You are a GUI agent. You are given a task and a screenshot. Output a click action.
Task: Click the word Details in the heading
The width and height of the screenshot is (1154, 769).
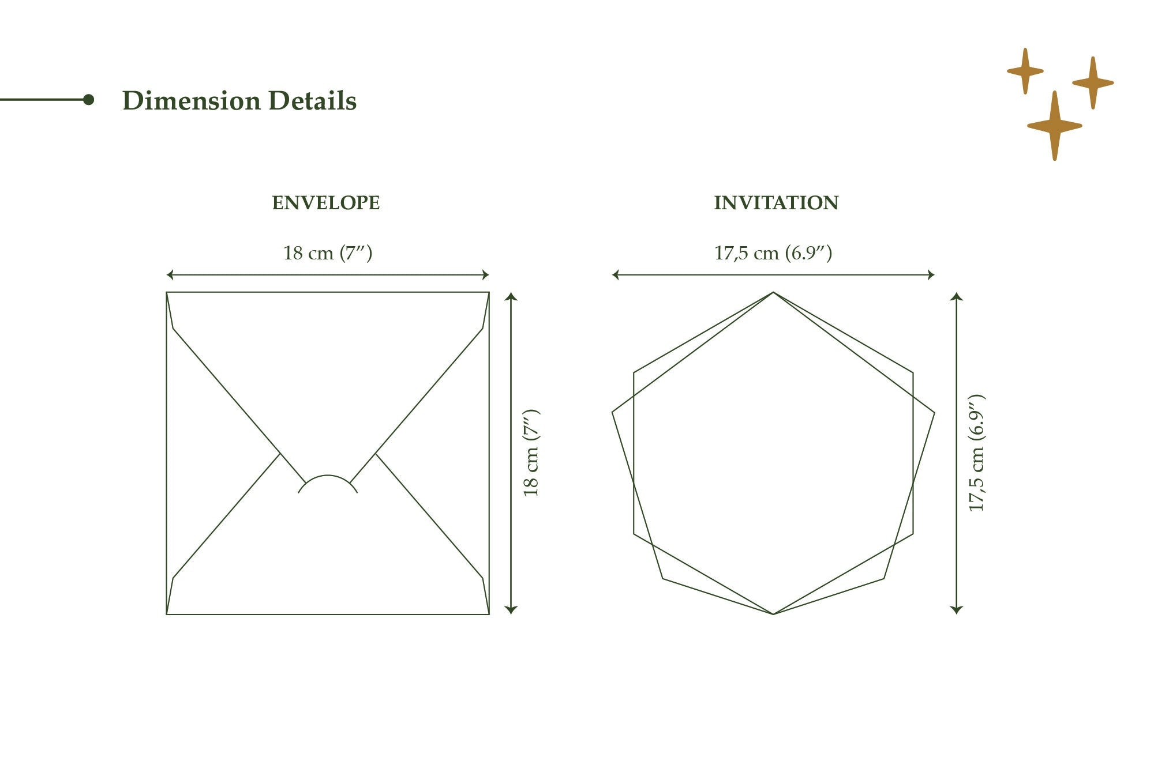point(312,101)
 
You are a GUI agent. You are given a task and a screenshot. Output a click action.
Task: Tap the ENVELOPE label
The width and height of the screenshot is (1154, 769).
point(326,203)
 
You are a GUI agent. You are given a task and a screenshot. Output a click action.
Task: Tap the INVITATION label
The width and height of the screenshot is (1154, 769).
point(776,203)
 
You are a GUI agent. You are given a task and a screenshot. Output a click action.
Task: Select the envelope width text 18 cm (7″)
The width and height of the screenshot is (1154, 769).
point(328,253)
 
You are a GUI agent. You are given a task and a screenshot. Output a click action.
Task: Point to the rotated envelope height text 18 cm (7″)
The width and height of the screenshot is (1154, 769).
point(530,453)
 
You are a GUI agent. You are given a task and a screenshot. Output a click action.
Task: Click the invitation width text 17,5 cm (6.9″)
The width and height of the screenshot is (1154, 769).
point(773,253)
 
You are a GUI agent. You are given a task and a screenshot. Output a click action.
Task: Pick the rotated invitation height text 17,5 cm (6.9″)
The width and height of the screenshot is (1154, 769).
point(976,453)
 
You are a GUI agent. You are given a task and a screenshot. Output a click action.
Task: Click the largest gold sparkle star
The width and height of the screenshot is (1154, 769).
point(1055,126)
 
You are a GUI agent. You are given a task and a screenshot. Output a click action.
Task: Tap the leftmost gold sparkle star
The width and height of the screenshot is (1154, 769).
point(1025,71)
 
